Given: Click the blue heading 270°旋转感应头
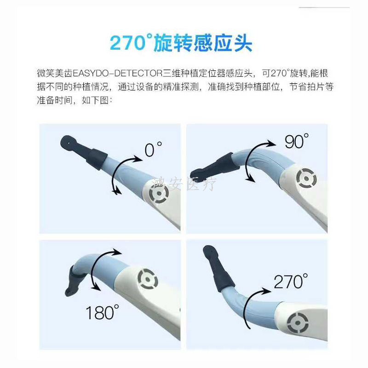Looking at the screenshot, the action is [x=181, y=43].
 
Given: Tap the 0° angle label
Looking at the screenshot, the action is [x=153, y=149].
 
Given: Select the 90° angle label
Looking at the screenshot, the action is [x=297, y=141].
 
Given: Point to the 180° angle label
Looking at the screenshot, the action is [x=102, y=312].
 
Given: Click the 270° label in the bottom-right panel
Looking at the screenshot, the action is [x=291, y=281].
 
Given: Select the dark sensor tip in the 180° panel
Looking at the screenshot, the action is [x=75, y=281].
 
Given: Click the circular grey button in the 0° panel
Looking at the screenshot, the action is [x=159, y=193].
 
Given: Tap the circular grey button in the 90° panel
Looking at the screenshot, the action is [x=306, y=178].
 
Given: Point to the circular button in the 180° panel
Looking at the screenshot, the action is [x=148, y=279].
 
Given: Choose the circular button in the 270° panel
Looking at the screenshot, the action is [x=298, y=323].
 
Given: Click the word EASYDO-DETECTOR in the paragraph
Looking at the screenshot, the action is [x=118, y=73].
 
